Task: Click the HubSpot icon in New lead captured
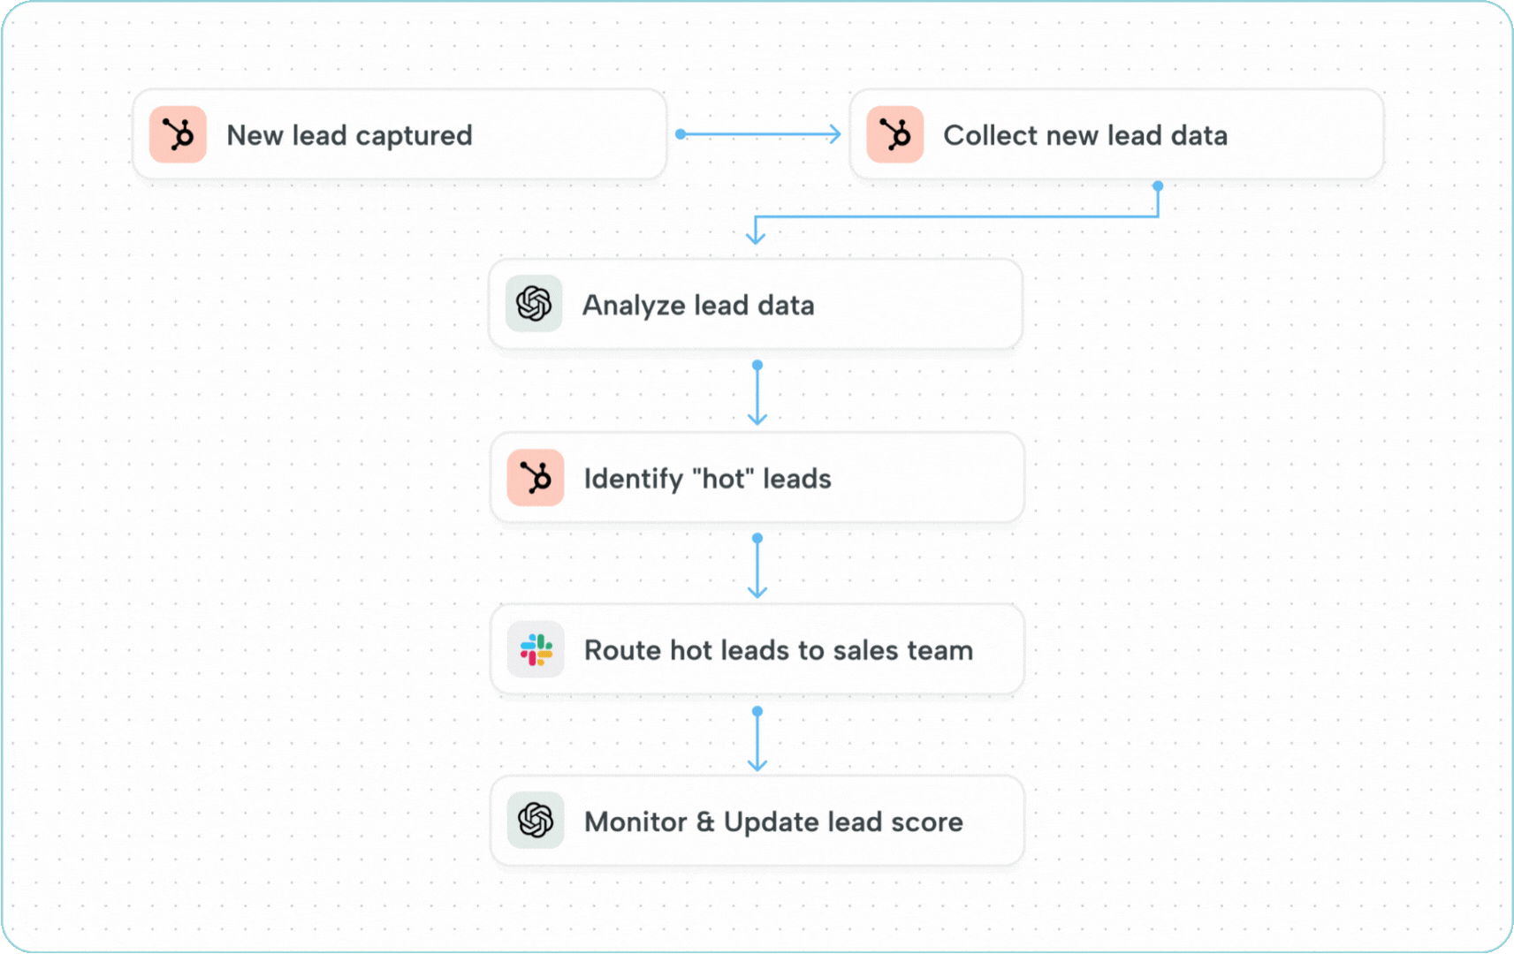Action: pyautogui.click(x=178, y=134)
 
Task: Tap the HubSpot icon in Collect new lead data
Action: pyautogui.click(x=894, y=134)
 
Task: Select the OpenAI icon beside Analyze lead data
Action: pyautogui.click(x=534, y=304)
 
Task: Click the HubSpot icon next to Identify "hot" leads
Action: pyautogui.click(x=536, y=478)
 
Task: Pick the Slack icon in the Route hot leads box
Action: pyautogui.click(x=536, y=650)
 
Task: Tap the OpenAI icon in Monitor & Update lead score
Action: pyautogui.click(x=536, y=821)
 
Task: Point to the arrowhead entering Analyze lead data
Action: pyautogui.click(x=756, y=237)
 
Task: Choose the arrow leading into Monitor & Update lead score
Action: pyautogui.click(x=757, y=740)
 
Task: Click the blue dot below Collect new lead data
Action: pyautogui.click(x=1158, y=186)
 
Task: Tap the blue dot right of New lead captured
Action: pyautogui.click(x=681, y=134)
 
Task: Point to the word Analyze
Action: pyautogui.click(x=634, y=306)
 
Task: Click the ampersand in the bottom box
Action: pyautogui.click(x=704, y=821)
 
